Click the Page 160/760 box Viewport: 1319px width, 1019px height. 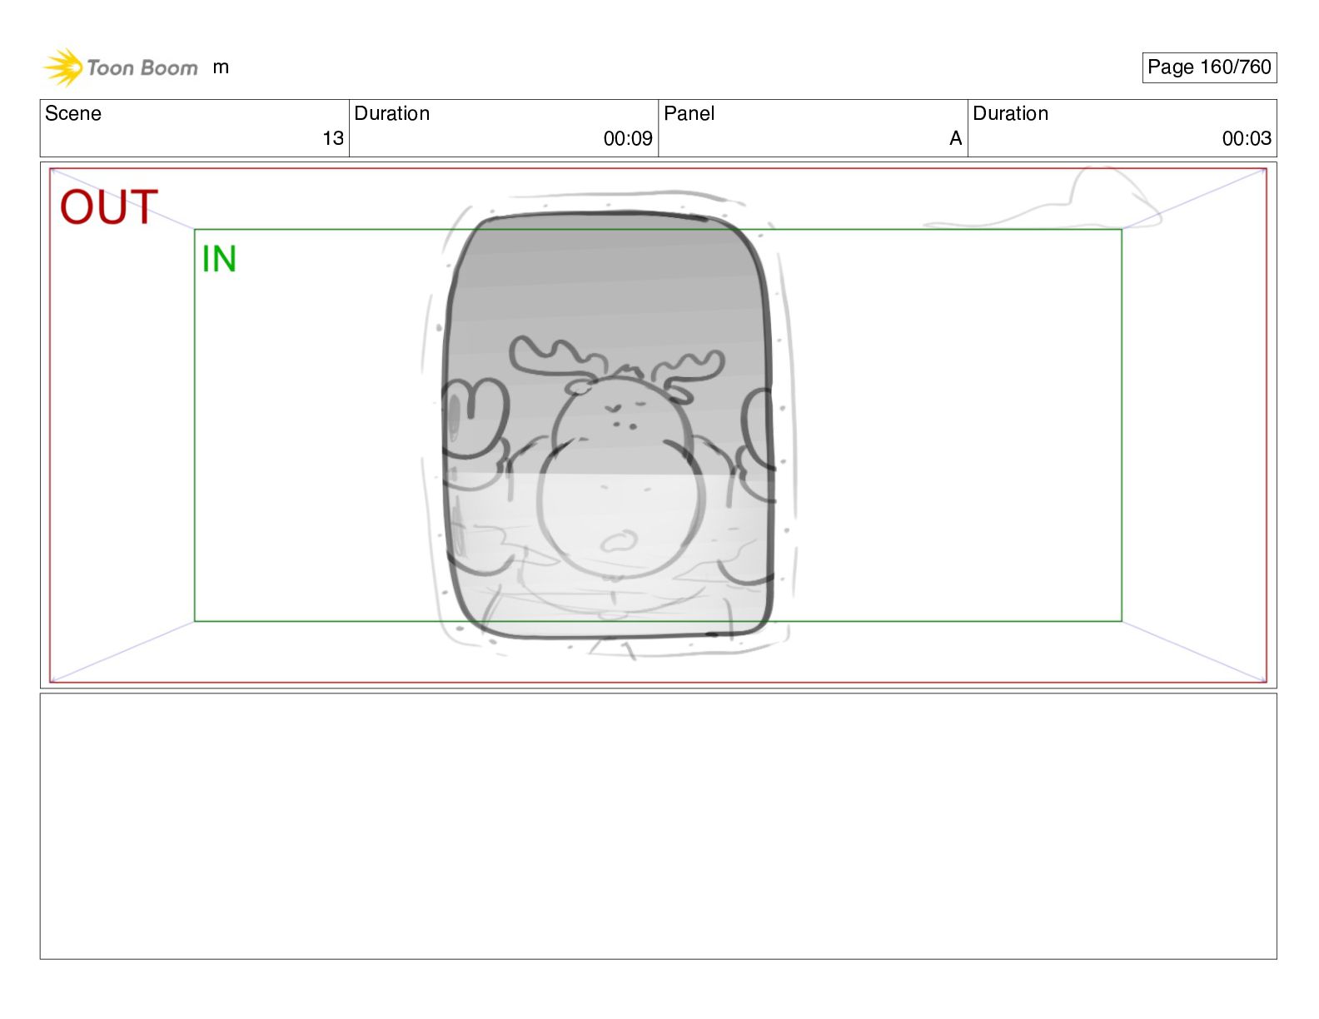coord(1209,67)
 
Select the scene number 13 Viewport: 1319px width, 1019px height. coord(332,138)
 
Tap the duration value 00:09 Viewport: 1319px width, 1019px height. coord(628,138)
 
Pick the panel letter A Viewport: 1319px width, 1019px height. coord(955,138)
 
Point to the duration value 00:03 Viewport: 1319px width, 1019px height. coord(1247,138)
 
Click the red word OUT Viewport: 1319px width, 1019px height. coord(108,207)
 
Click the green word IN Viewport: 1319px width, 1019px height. coord(218,259)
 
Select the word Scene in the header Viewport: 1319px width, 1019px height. coord(72,113)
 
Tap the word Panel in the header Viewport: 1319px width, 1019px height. coord(689,113)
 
